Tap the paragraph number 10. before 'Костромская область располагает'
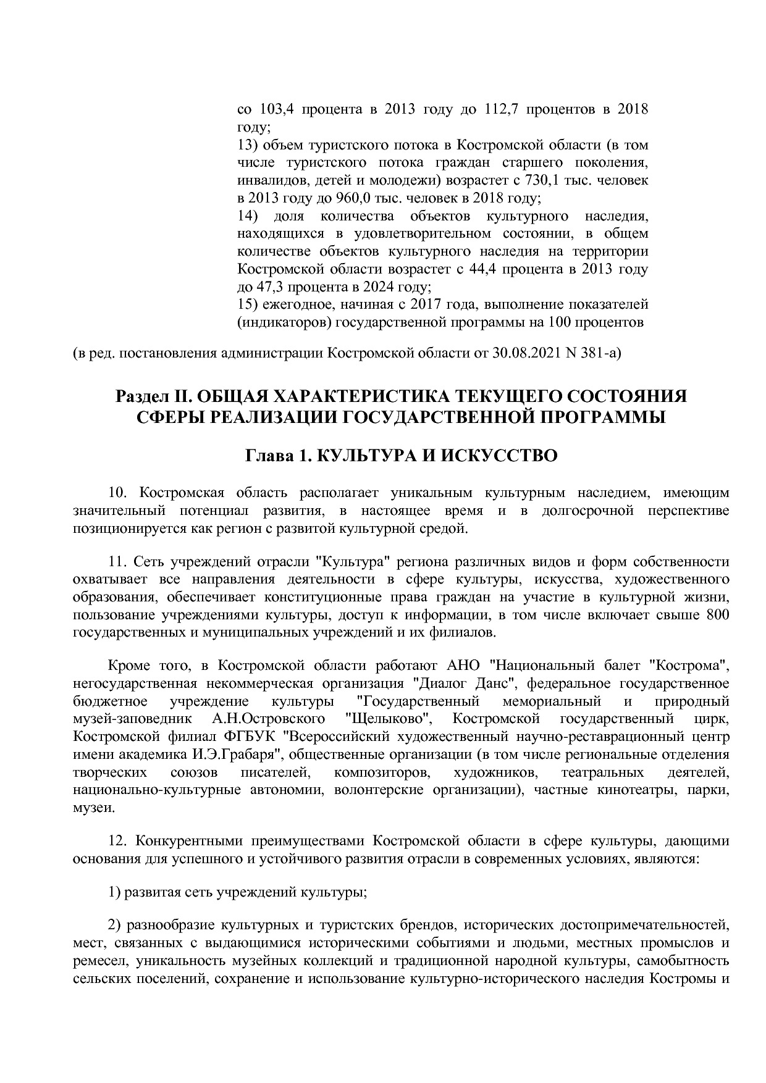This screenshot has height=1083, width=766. [x=117, y=493]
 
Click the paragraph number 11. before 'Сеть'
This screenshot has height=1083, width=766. [x=117, y=562]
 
